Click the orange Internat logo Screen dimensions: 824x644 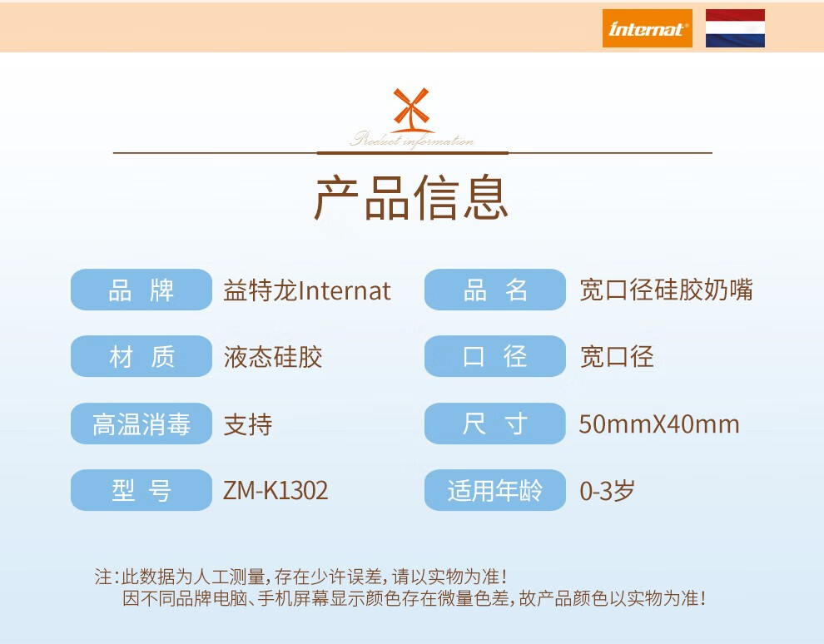pos(647,28)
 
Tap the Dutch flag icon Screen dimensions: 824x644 pos(735,28)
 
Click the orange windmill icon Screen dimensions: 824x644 pos(411,110)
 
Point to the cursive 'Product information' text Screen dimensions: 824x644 pos(412,140)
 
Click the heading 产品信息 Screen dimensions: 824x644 pos(411,197)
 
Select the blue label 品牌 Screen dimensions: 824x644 pos(141,290)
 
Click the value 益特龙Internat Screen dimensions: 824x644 pos(307,290)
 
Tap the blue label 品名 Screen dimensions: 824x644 pos(495,290)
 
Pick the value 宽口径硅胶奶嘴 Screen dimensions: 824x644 pos(667,290)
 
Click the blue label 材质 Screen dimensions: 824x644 pos(141,356)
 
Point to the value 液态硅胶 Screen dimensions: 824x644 pos(273,357)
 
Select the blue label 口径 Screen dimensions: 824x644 pos(495,356)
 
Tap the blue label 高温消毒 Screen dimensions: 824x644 pos(141,424)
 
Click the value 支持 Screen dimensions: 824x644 pos(248,424)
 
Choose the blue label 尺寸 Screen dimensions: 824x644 pos(495,424)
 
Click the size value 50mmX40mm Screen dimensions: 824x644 pos(659,424)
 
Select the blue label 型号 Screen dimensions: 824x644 pos(141,490)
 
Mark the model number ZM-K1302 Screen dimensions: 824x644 pos(275,491)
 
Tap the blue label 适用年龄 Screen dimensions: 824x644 pos(495,490)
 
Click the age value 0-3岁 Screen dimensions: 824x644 pos(607,491)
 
